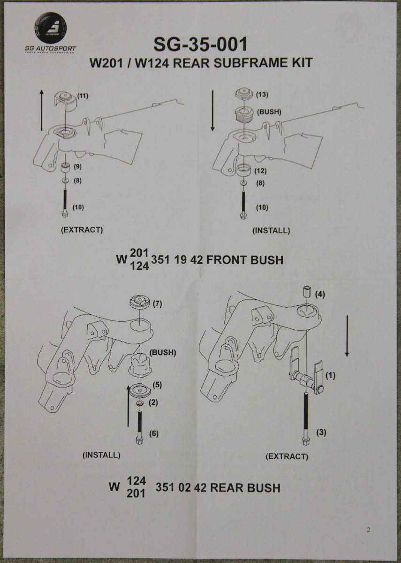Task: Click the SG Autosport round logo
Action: pos(51,28)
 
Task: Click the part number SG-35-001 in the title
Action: pos(200,45)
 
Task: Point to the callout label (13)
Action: pos(262,94)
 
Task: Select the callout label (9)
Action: pos(77,166)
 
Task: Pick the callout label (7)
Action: pos(158,304)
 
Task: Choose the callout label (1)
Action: pos(331,375)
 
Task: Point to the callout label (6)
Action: pos(153,434)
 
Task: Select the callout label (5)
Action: pos(158,385)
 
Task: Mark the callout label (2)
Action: pos(153,402)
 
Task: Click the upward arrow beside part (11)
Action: pos(42,111)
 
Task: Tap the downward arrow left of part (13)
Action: pos(212,111)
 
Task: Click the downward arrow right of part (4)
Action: pos(347,335)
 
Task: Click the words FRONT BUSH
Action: pos(245,259)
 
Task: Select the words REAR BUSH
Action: pos(245,487)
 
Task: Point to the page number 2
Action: pos(368,530)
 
